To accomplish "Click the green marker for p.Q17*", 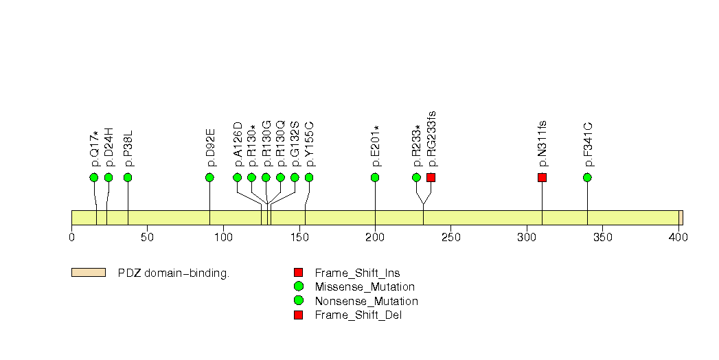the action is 94,177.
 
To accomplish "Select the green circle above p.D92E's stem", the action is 209,177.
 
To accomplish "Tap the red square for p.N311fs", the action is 542,177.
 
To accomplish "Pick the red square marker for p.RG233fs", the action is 431,177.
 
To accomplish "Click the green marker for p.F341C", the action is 587,177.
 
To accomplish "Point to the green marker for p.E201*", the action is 375,177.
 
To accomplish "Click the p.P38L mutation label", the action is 128,148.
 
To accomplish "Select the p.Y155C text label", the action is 310,144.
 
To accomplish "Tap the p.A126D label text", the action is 238,144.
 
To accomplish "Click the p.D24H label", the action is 109,147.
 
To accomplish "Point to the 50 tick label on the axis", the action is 147,237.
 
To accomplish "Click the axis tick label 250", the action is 450,237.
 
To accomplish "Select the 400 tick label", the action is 678,237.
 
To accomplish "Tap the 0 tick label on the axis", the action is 71,237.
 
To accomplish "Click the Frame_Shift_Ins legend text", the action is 357,273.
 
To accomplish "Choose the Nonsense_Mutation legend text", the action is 367,302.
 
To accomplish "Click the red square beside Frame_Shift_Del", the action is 299,315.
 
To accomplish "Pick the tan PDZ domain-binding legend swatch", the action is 89,273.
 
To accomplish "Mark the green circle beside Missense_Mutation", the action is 299,286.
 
